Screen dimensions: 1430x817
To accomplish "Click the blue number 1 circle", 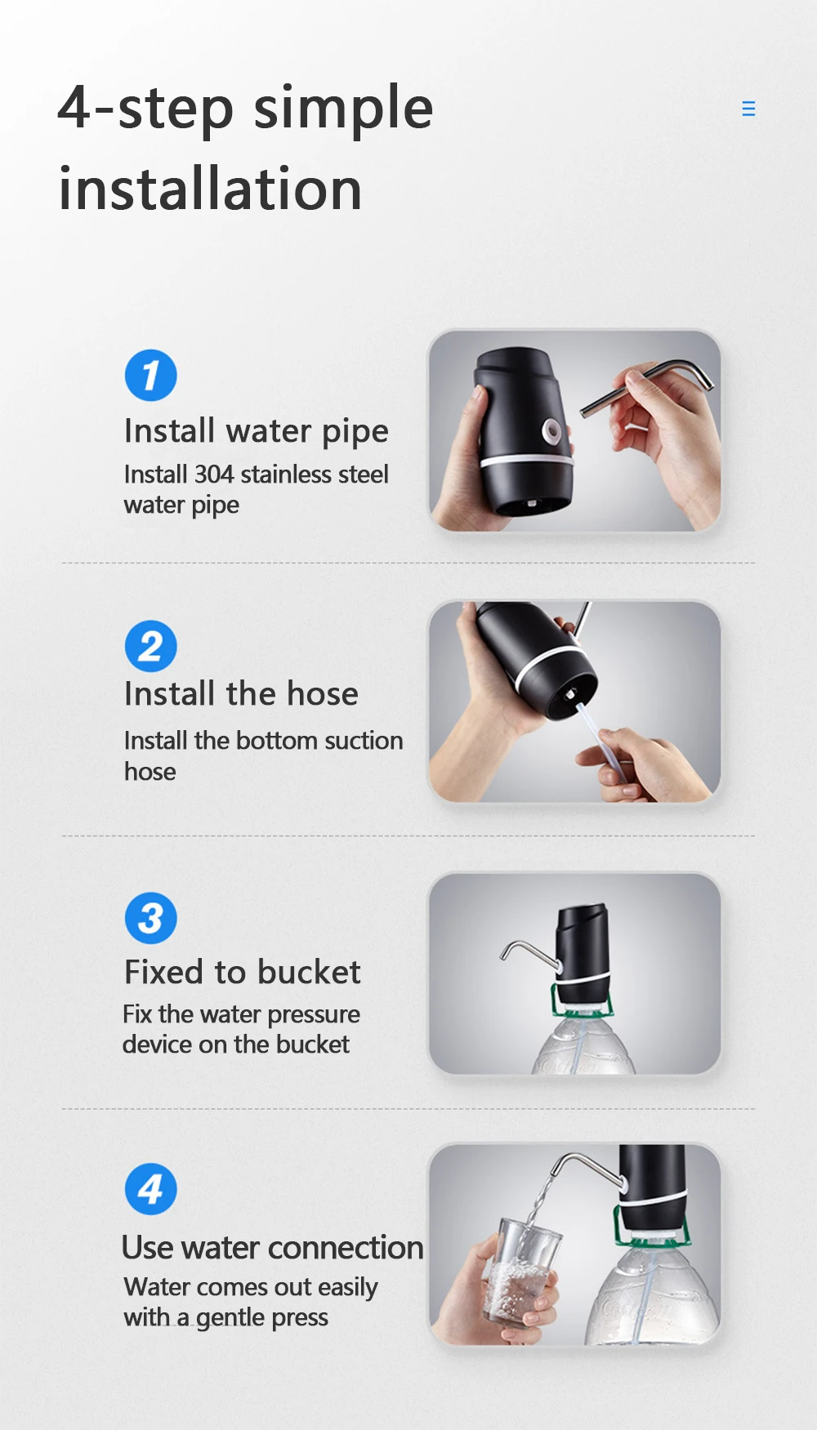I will point(150,376).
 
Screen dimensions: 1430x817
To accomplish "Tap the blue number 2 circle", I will point(150,647).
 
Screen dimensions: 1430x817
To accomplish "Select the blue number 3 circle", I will point(150,918).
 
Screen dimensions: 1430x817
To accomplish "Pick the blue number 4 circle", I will point(150,1189).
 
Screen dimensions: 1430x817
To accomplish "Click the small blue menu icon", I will point(748,109).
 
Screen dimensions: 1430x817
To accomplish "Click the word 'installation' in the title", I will point(210,189).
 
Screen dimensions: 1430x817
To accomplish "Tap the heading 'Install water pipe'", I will point(256,431).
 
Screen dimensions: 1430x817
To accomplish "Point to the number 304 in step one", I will point(213,474).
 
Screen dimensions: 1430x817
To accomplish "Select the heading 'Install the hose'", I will point(241,694).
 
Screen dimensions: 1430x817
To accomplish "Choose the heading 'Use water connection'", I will point(272,1248).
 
